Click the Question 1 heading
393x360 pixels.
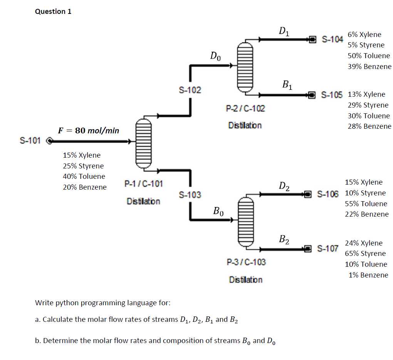(x=53, y=12)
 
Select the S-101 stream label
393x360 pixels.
(x=30, y=140)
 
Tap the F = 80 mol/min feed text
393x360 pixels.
(x=89, y=130)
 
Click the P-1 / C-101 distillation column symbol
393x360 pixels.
(x=143, y=142)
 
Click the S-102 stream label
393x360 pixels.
(x=190, y=90)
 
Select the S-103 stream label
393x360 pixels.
(x=190, y=195)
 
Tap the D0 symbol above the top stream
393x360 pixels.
(x=216, y=56)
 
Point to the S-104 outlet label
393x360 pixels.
(x=332, y=39)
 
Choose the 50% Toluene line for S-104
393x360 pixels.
(x=369, y=56)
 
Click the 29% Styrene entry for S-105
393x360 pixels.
(x=368, y=105)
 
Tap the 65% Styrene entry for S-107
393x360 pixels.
(x=365, y=254)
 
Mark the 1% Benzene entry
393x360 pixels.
(x=368, y=275)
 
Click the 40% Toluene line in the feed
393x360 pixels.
(x=84, y=177)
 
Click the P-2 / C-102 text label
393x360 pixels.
(x=245, y=108)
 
